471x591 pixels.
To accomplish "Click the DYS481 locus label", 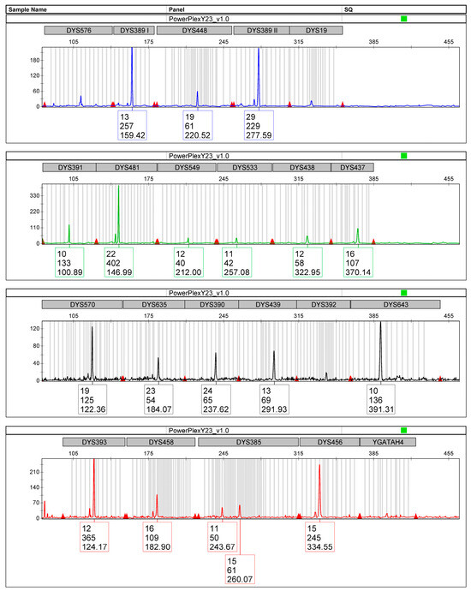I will click(125, 167).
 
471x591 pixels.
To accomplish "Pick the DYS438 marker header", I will click(301, 167).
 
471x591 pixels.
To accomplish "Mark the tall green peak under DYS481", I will click(118, 188).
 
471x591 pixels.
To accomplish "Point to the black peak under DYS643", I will click(380, 324).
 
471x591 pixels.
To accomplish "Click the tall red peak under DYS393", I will click(93, 463).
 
